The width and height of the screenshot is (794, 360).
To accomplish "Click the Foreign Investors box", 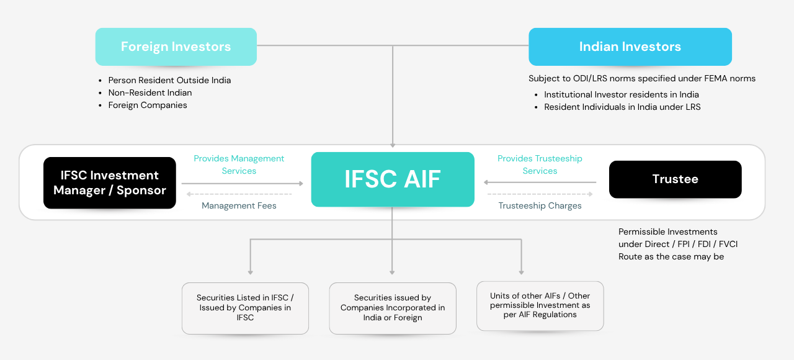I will coord(176,47).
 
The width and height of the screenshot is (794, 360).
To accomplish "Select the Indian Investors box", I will coord(630,47).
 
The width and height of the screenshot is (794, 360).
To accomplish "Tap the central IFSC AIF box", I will coord(393,179).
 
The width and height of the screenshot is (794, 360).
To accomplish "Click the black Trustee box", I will coord(675,179).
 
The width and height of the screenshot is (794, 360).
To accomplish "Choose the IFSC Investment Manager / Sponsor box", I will coord(110,182).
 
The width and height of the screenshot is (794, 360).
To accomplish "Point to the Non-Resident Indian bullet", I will coord(149,92).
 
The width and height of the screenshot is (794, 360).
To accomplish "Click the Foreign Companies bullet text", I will coord(148,105).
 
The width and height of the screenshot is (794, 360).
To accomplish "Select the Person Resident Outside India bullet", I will coord(169,80).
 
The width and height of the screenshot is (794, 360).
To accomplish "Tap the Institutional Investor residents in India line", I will coord(621,94).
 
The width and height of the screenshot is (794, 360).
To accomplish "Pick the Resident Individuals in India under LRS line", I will coord(622,107).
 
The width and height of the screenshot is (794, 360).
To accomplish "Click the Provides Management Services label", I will coord(239,164).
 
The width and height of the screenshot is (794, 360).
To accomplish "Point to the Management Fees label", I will coord(239,205).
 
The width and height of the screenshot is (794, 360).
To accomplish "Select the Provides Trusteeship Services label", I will coord(540,164).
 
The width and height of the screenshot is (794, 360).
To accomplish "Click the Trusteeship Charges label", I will coord(540,205).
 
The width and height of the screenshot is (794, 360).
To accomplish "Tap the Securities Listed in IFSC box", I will coord(245,308).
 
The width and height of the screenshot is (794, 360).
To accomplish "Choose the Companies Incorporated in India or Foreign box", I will coord(393,308).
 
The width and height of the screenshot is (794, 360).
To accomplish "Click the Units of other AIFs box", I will coord(540,305).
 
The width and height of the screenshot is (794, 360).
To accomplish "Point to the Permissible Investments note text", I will coord(677,244).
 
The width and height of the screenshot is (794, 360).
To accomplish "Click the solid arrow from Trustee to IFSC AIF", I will coord(540,182).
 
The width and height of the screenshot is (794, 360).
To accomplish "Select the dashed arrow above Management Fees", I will coord(239,194).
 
